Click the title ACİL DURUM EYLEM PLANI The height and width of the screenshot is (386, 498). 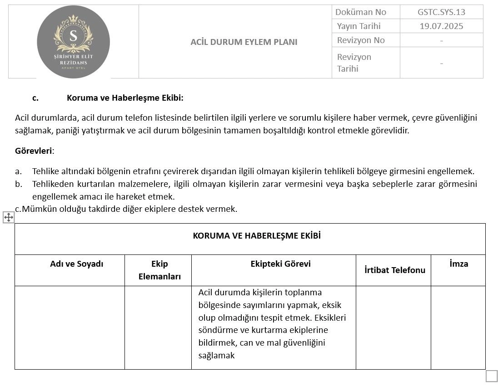pos(244,42)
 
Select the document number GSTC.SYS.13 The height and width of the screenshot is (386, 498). pos(441,12)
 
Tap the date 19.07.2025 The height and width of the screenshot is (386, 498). pos(441,26)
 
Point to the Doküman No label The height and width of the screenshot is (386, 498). pos(360,12)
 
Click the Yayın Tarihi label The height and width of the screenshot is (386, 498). pos(359,26)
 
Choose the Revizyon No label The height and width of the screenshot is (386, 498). pos(361,40)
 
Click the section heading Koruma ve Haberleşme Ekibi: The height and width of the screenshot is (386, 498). pos(125,98)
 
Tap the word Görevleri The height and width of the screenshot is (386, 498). pos(34,151)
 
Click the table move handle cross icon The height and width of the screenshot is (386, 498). pos(9,217)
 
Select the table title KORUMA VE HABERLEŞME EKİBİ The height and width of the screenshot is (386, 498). pos(250,236)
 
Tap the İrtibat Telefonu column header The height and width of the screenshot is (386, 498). pos(395,270)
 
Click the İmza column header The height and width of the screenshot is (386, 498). pos(458,264)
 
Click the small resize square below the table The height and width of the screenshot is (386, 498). pos(491,376)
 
